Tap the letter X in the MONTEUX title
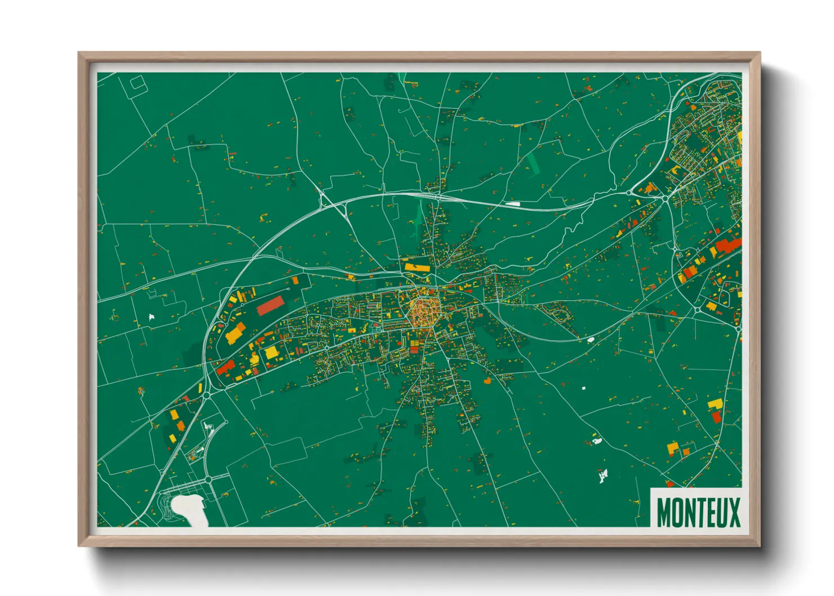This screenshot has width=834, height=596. tap(734, 513)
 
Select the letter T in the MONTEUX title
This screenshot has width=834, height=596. tap(698, 513)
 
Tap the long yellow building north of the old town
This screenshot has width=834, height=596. tap(417, 267)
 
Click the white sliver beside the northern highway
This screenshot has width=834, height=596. tap(513, 204)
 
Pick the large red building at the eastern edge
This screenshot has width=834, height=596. tap(728, 246)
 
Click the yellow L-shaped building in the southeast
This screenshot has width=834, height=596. tap(715, 404)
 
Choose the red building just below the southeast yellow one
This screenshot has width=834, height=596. tap(716, 417)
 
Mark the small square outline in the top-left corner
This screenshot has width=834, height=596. tap(138, 84)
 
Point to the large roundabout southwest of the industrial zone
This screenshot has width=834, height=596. tap(207, 395)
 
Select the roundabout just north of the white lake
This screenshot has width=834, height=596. tap(207, 479)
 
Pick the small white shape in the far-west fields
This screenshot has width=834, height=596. tap(151, 318)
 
